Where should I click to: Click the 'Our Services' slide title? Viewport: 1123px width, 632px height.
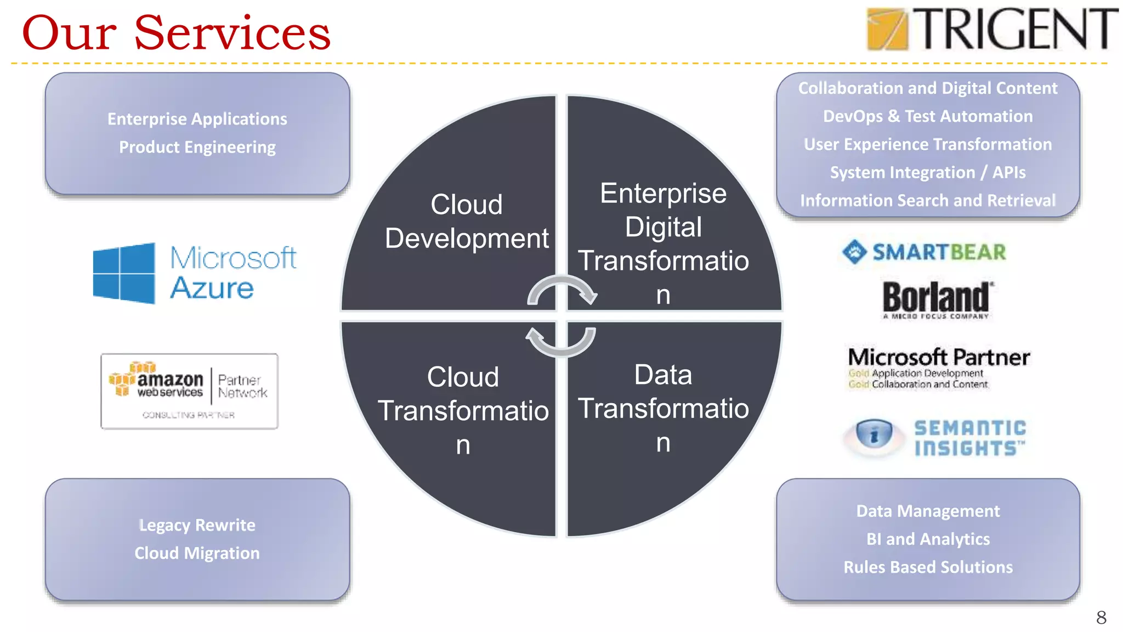click(x=176, y=33)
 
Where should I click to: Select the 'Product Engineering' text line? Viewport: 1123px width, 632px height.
click(x=197, y=147)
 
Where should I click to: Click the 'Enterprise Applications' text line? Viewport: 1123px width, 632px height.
click(x=197, y=119)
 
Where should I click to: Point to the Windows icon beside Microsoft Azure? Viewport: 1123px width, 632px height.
click(x=124, y=273)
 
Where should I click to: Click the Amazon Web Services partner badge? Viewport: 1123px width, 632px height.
click(x=189, y=391)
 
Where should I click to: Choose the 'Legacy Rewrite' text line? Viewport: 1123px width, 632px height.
click(x=197, y=525)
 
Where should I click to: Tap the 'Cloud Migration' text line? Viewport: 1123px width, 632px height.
click(x=197, y=553)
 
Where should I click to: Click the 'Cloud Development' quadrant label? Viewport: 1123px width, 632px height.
click(x=466, y=221)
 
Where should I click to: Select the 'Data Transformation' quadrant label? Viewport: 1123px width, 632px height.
click(x=663, y=408)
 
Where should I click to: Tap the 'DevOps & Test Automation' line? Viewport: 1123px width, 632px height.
click(x=928, y=116)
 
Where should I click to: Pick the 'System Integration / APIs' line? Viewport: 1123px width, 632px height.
click(x=928, y=172)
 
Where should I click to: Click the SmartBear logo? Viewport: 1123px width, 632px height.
click(x=925, y=252)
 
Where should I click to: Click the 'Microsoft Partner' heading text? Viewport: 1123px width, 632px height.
click(x=939, y=357)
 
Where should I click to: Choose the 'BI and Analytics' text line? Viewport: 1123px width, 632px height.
click(x=928, y=539)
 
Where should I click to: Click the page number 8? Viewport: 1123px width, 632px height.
click(x=1101, y=618)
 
